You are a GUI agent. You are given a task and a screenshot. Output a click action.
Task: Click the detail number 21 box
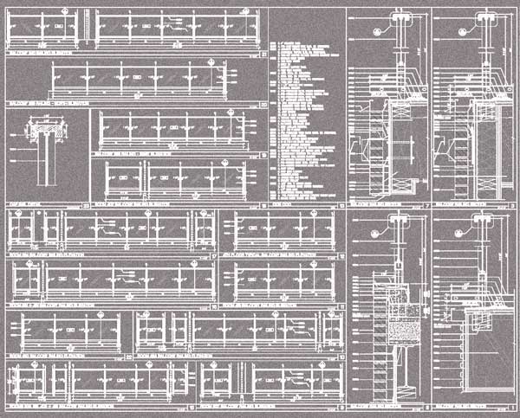pyautogui.click(x=263, y=54)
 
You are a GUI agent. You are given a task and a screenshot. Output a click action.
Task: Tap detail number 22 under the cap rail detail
pyautogui.click(x=84, y=205)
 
